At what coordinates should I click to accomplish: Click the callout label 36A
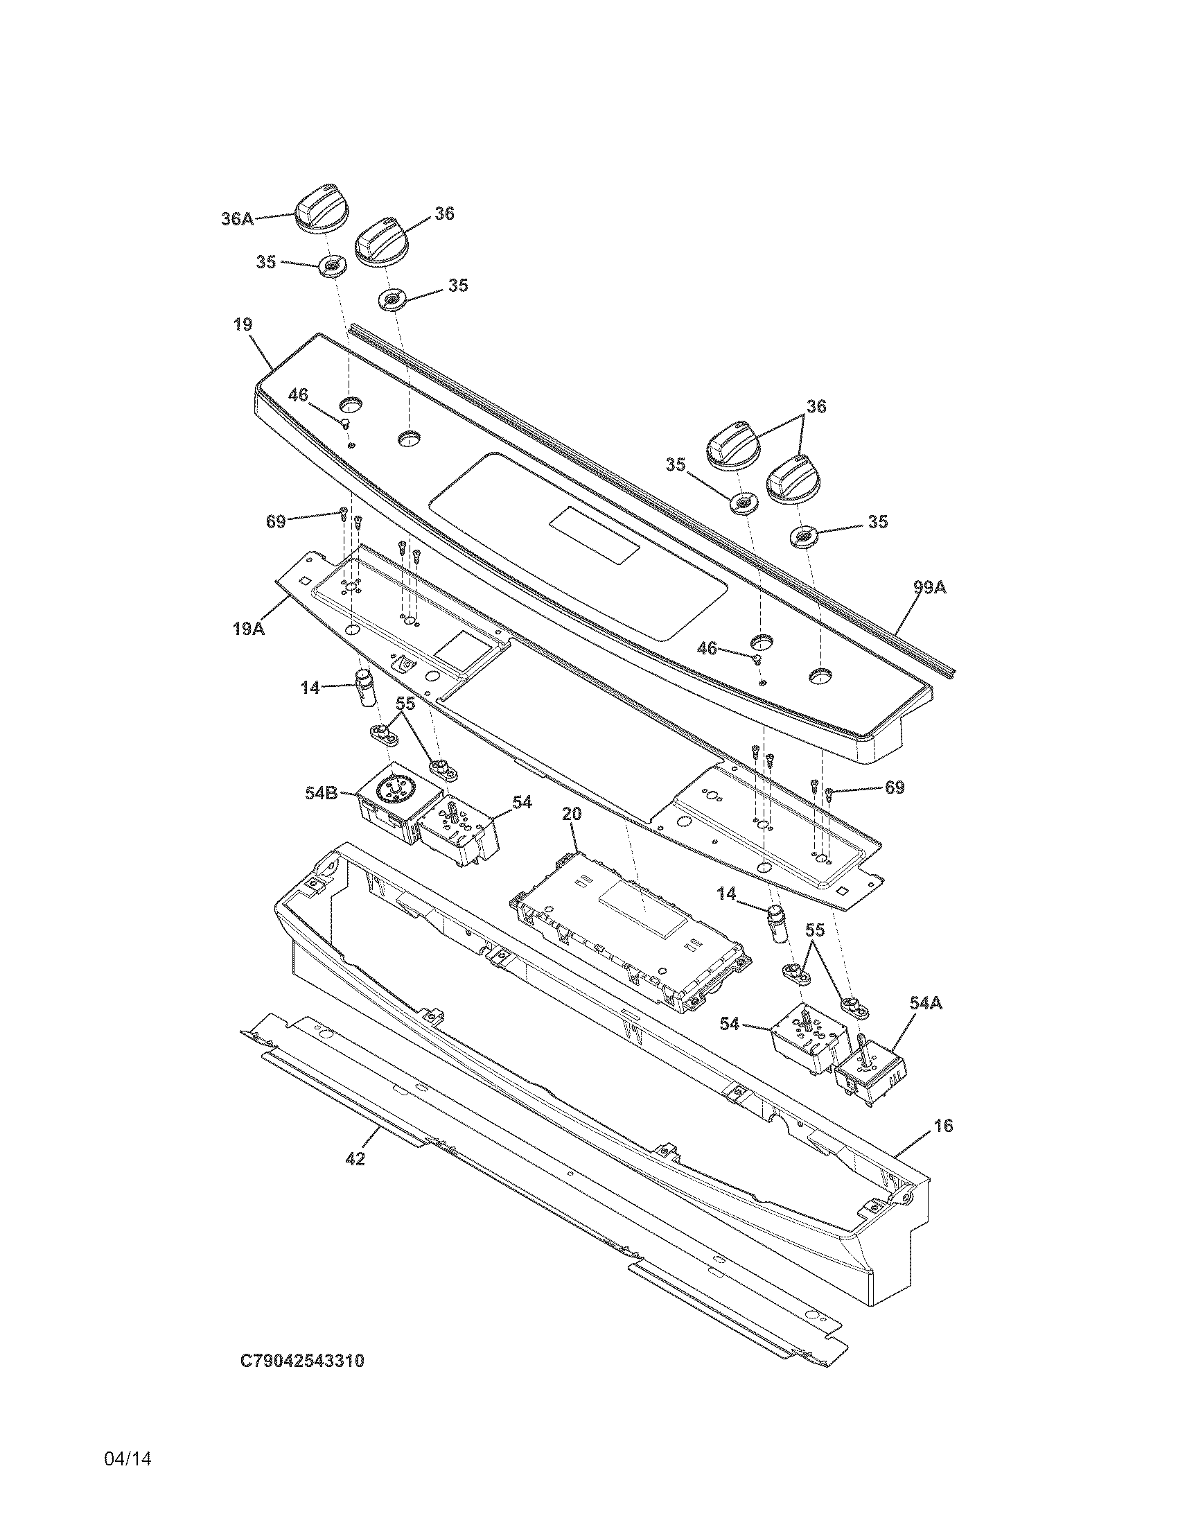coord(237,218)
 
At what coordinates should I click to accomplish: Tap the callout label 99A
coord(930,588)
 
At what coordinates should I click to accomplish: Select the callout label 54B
coord(322,792)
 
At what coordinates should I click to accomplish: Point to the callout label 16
coord(943,1126)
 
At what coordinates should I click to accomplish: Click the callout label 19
coord(243,324)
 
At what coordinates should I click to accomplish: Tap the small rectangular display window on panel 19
coord(594,536)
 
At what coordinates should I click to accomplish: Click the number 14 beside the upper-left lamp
coord(310,688)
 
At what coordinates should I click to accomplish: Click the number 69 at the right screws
coord(895,787)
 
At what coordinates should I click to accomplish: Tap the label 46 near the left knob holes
coord(298,395)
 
